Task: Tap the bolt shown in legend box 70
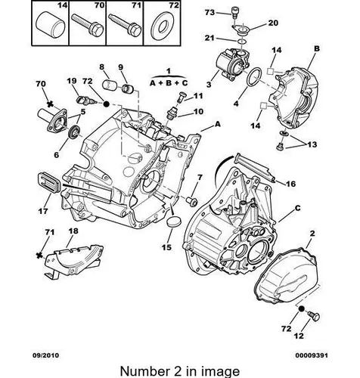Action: (87, 25)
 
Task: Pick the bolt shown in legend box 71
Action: (124, 25)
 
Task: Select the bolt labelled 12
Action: (314, 316)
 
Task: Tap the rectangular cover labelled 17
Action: (49, 184)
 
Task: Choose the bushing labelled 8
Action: (109, 84)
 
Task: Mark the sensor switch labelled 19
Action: (85, 100)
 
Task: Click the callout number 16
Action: (290, 184)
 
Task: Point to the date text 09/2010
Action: (46, 355)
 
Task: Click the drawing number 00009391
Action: (312, 355)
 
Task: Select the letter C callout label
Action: (297, 208)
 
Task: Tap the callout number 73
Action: (209, 12)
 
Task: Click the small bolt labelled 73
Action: (234, 12)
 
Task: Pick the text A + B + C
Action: (169, 83)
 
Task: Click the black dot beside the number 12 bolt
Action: (300, 308)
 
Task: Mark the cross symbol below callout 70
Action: (51, 104)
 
